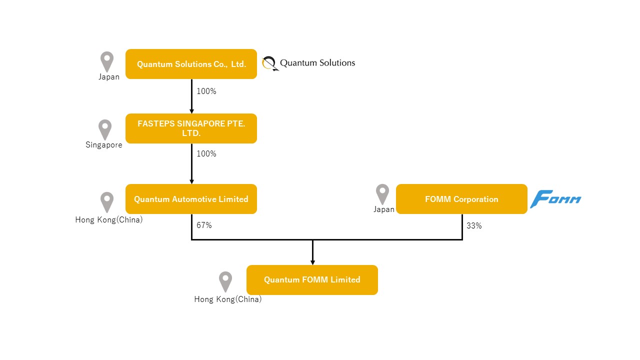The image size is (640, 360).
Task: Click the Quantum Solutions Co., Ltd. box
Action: click(191, 64)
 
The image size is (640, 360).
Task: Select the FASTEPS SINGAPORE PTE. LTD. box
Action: click(191, 128)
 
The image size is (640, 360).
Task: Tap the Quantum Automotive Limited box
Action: click(191, 199)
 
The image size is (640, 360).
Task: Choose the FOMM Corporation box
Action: click(461, 199)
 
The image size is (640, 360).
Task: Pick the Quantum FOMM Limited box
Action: click(312, 279)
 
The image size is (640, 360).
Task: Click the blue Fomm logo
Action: click(555, 199)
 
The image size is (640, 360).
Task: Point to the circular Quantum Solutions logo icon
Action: click(270, 63)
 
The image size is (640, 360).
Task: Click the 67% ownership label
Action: click(204, 225)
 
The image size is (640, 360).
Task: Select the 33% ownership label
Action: click(474, 225)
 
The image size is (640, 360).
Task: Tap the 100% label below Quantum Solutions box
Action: click(206, 91)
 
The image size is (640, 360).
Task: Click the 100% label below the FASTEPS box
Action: click(206, 153)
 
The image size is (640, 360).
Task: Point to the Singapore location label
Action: click(103, 145)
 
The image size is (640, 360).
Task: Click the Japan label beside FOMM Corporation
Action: click(384, 209)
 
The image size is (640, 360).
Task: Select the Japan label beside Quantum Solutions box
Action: click(109, 76)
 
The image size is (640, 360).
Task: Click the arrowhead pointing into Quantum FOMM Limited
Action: click(312, 262)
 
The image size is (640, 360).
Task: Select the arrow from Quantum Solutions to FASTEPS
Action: click(191, 96)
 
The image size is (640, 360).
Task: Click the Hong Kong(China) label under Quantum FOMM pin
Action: click(227, 299)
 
